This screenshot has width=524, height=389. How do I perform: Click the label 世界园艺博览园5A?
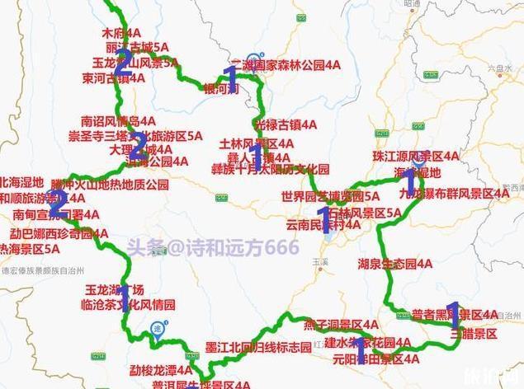tap(330, 197)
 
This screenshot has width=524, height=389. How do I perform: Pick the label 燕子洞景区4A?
tap(341, 324)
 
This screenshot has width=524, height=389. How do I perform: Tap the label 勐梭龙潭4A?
tap(162, 369)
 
